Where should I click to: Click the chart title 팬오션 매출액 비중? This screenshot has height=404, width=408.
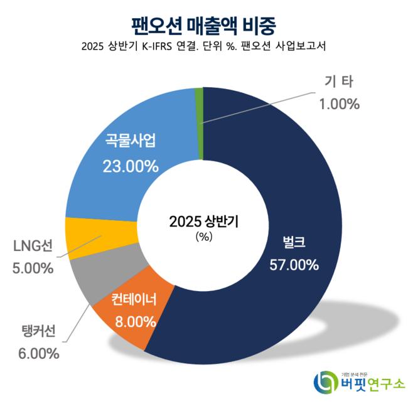[x=204, y=24]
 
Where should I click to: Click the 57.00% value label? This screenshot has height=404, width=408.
[x=294, y=265]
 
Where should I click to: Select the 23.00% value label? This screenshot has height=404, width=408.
[x=129, y=166]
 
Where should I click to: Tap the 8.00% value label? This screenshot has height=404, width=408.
[x=136, y=322]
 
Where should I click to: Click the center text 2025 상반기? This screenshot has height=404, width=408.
[x=205, y=221]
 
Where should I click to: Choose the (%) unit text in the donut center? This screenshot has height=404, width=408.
[x=205, y=237]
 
